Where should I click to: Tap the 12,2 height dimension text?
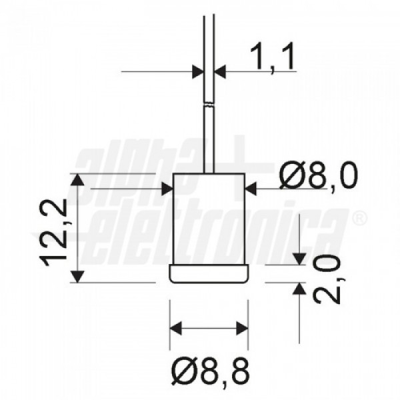pos(53,232)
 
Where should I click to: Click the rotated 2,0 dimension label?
pos(327,279)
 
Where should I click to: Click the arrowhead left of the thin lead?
pos(198,72)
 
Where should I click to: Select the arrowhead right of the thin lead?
pos(220,72)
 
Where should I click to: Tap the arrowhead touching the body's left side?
pos(167,189)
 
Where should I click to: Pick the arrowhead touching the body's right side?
pos(250,189)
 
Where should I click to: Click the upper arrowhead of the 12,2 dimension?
pos(77,179)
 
